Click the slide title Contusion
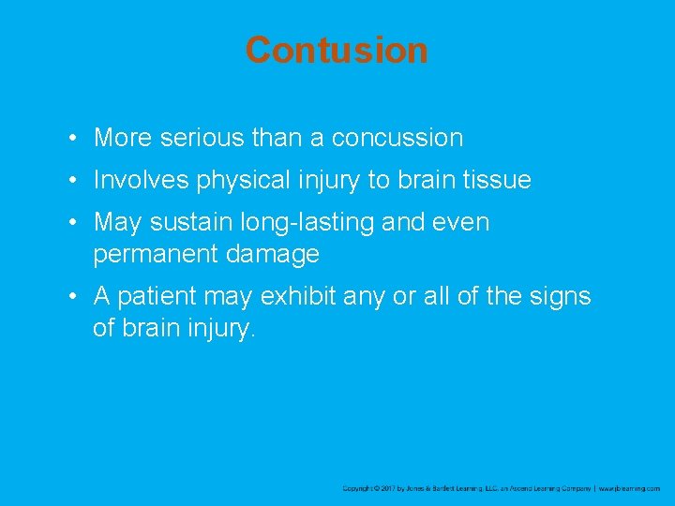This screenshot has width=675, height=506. coord(337,50)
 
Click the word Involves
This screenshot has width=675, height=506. coord(135,180)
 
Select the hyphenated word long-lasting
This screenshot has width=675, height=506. coord(297,223)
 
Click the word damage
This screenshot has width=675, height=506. coord(277,254)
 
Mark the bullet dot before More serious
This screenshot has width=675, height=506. coord(72,139)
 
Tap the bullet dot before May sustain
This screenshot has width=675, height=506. coord(72,223)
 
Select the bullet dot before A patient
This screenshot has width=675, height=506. coord(72,297)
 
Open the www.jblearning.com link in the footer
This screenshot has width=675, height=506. coord(629,488)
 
